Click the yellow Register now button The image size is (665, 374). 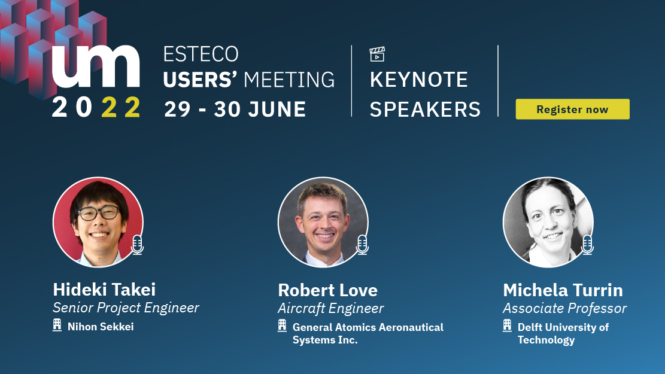pyautogui.click(x=573, y=109)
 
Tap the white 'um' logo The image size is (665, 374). pyautogui.click(x=96, y=66)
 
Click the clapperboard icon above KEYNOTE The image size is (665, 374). pyautogui.click(x=377, y=54)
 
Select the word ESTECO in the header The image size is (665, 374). pyautogui.click(x=201, y=54)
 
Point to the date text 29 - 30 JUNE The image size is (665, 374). pyautogui.click(x=235, y=109)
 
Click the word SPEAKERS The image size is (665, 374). pyautogui.click(x=425, y=110)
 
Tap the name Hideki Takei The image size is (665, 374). pyautogui.click(x=104, y=290)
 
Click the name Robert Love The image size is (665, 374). pyautogui.click(x=328, y=290)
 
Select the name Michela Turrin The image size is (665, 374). pyautogui.click(x=563, y=290)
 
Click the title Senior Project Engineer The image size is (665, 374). pyautogui.click(x=126, y=308)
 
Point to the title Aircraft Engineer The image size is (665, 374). pyautogui.click(x=331, y=308)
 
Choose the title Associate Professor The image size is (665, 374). pyautogui.click(x=565, y=308)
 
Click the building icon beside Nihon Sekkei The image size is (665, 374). pyautogui.click(x=57, y=326)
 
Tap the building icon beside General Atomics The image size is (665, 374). pyautogui.click(x=282, y=326)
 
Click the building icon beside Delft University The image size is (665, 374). pyautogui.click(x=507, y=326)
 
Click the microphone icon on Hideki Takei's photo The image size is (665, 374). pyautogui.click(x=137, y=245)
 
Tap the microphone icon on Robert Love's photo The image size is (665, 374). pyautogui.click(x=362, y=245)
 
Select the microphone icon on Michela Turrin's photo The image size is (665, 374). pyautogui.click(x=587, y=245)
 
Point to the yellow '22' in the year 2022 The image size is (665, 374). pyautogui.click(x=121, y=107)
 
